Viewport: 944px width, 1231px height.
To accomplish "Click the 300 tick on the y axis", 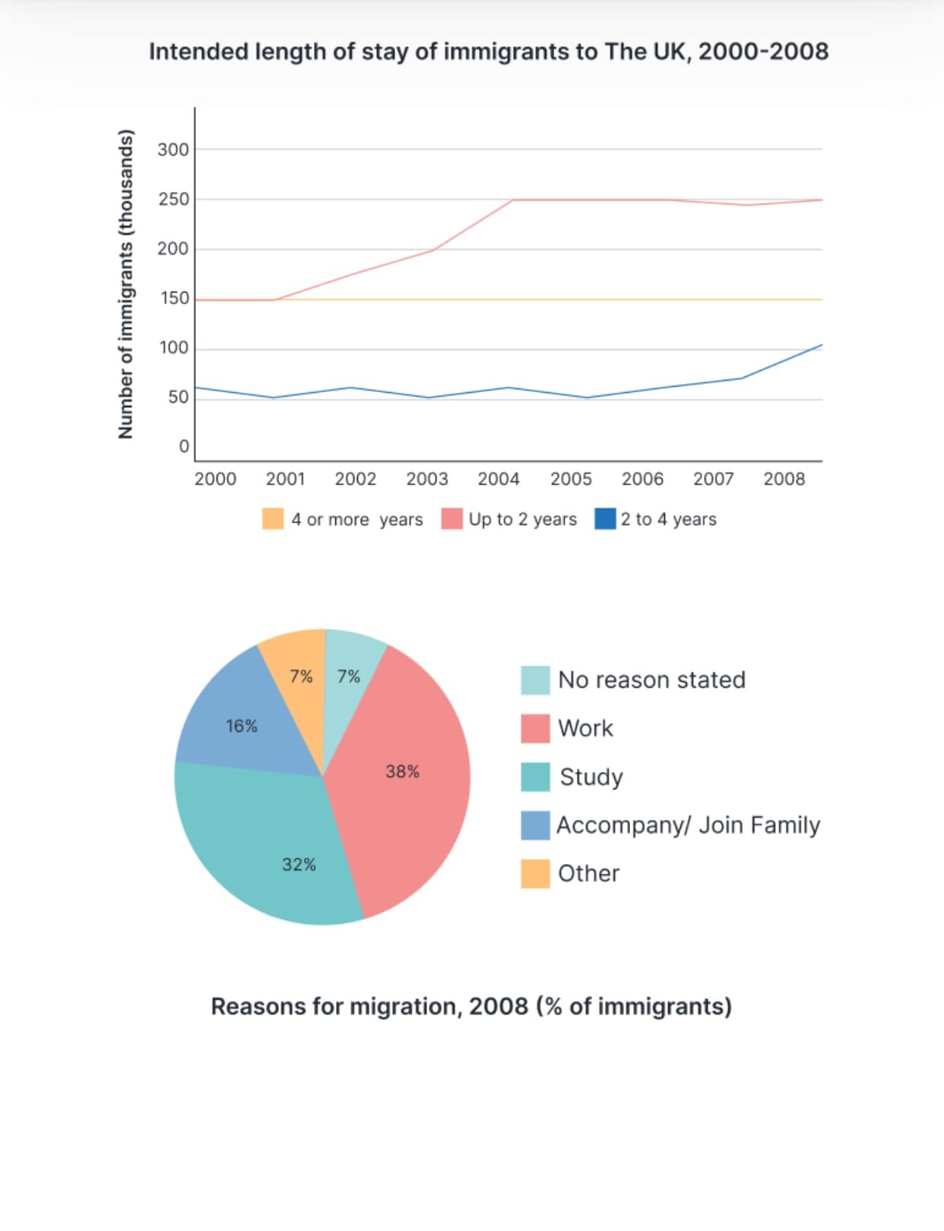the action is pos(173,150).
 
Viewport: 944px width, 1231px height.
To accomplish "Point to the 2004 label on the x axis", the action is pos(498,479).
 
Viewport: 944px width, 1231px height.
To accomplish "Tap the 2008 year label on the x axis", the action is pos(784,479).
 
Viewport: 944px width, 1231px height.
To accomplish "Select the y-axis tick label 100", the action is pos(174,348).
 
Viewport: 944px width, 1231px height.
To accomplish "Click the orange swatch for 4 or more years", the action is pos(273,519).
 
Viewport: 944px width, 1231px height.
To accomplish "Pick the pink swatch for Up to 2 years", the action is pos(451,519).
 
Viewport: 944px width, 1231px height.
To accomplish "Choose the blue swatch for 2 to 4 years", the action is pos(605,519).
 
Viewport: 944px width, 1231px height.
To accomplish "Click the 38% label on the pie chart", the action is pos(402,771).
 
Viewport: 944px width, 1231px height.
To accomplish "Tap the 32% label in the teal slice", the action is pos(299,865).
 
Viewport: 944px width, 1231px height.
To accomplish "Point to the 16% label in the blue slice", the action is pos(242,726).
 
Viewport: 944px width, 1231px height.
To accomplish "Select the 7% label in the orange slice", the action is pos(301,676).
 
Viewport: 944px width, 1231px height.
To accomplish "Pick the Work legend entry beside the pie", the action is pos(566,729).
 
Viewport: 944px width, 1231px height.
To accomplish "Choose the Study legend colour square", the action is pos(535,777).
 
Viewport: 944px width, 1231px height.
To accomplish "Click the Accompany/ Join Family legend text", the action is pos(689,825).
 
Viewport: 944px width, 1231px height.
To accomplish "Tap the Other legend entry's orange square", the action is pos(535,874).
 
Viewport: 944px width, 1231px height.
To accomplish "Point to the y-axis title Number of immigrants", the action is pos(126,284).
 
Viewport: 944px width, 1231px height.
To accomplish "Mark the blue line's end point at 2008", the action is pos(822,344).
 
